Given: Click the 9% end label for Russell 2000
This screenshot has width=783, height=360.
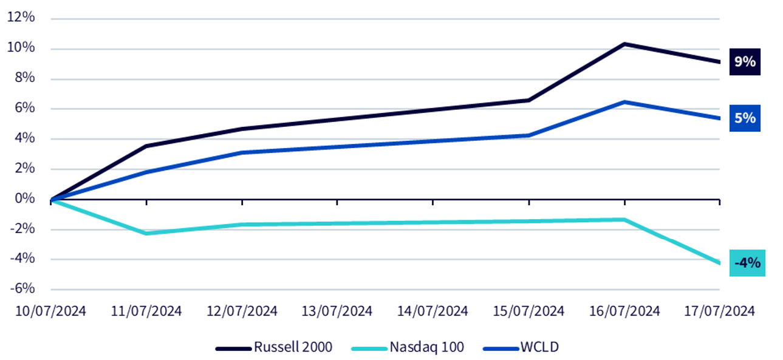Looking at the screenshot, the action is pyautogui.click(x=745, y=62).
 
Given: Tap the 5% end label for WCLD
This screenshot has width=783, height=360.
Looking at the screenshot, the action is pyautogui.click(x=745, y=118).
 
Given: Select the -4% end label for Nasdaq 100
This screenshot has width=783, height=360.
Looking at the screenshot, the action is pyautogui.click(x=747, y=263).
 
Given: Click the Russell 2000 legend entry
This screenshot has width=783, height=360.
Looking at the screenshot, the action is pyautogui.click(x=274, y=347).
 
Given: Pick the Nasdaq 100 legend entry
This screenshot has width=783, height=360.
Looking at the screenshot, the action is pyautogui.click(x=408, y=347).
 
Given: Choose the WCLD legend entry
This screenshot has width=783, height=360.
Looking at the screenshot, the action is pyautogui.click(x=521, y=347).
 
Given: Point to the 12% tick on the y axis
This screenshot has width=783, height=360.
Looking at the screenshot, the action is pyautogui.click(x=21, y=17).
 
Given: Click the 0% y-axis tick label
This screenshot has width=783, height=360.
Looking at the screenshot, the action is pyautogui.click(x=25, y=199).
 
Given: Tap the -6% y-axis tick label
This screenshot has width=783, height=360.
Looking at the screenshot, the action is pyautogui.click(x=22, y=288).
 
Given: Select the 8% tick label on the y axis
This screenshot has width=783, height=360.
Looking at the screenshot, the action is pyautogui.click(x=25, y=78).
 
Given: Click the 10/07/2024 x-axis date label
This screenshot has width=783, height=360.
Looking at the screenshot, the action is pyautogui.click(x=50, y=311).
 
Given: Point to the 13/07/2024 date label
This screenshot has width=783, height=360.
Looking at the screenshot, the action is pyautogui.click(x=337, y=311).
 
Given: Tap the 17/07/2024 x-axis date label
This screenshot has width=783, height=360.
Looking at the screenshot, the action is pyautogui.click(x=719, y=311).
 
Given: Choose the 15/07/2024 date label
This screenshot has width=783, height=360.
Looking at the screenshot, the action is pyautogui.click(x=528, y=311).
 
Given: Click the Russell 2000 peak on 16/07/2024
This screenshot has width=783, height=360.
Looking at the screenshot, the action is pyautogui.click(x=624, y=44).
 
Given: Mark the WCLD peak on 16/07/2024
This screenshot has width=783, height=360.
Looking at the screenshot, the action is pyautogui.click(x=624, y=103).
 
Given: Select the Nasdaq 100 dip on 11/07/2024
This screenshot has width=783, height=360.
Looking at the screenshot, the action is pyautogui.click(x=146, y=233).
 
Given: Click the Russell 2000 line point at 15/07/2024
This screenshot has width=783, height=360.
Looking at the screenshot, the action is pyautogui.click(x=528, y=100).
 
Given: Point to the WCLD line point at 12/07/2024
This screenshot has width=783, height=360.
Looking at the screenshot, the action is pyautogui.click(x=242, y=152).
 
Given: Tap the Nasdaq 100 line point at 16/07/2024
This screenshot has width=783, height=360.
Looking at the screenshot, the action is pyautogui.click(x=624, y=220).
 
